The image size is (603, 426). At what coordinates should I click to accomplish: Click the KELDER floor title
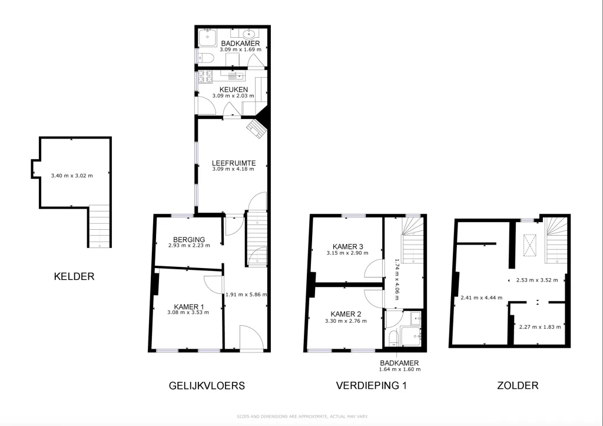[74, 276]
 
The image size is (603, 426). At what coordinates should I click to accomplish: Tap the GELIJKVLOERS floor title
[207, 385]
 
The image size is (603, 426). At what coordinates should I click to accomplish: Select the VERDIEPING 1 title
[371, 385]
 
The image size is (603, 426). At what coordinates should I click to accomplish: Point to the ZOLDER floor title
[518, 385]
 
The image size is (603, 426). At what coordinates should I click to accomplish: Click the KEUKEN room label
[233, 90]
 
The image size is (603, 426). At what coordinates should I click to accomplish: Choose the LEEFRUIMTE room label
[233, 163]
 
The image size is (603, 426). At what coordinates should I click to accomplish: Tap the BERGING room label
[189, 240]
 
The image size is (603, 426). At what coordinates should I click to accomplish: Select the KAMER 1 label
[189, 307]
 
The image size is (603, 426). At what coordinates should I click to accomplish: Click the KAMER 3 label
[347, 247]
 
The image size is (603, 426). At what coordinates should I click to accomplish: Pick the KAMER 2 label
[346, 314]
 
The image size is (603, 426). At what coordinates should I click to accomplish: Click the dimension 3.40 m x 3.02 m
[72, 176]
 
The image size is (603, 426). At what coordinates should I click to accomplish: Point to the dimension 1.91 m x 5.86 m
[246, 295]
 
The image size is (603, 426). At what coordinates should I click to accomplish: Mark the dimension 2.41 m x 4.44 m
[482, 298]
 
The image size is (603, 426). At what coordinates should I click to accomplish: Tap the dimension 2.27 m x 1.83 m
[540, 327]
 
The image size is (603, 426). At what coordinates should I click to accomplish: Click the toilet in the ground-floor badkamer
[206, 58]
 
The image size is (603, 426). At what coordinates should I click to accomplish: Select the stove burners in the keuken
[205, 76]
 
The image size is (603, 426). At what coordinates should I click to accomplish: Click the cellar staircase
[100, 226]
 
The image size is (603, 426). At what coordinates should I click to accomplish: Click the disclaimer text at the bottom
[302, 417]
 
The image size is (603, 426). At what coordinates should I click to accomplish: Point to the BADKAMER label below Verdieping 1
[400, 363]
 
